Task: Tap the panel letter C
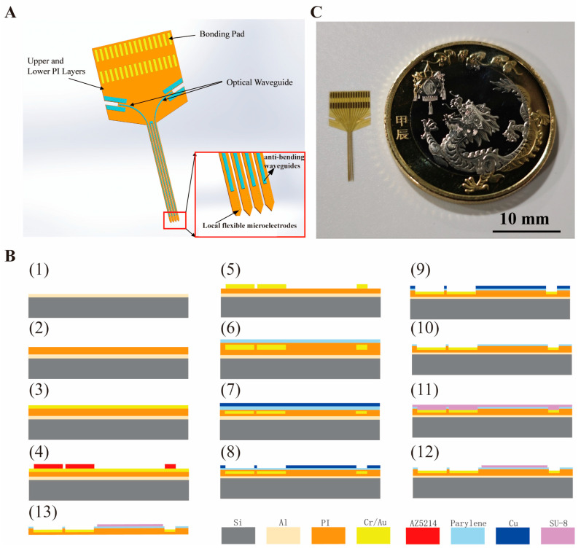(x=316, y=12)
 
